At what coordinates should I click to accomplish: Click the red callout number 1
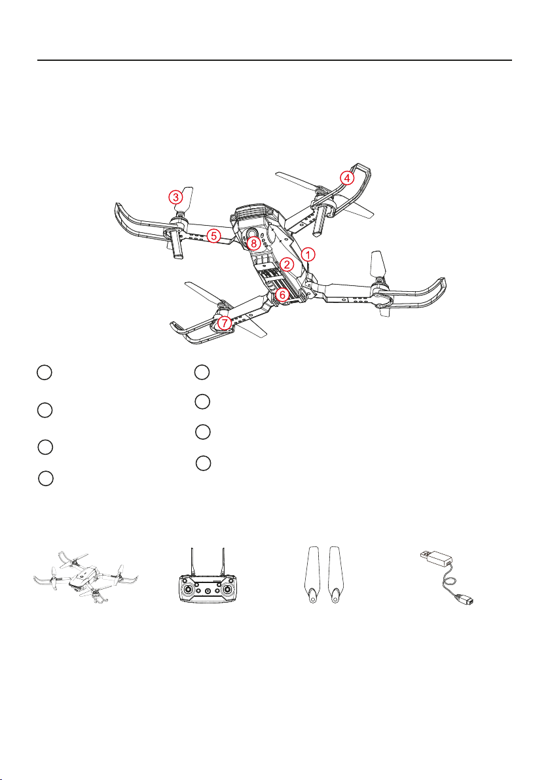308,255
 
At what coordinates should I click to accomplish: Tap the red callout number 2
287,264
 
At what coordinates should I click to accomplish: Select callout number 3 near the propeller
175,198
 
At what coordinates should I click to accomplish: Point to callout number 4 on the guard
348,177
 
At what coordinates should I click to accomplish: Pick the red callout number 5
213,236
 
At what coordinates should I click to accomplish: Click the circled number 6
282,294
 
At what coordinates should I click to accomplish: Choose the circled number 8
253,243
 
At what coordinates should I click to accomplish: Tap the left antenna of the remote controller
192,562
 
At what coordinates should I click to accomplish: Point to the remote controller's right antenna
223,562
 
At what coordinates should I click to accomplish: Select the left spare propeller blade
312,575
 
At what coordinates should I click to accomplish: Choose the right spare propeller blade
335,575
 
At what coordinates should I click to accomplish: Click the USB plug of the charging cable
435,558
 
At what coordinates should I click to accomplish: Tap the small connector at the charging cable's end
466,601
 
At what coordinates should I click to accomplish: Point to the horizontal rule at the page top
275,60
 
